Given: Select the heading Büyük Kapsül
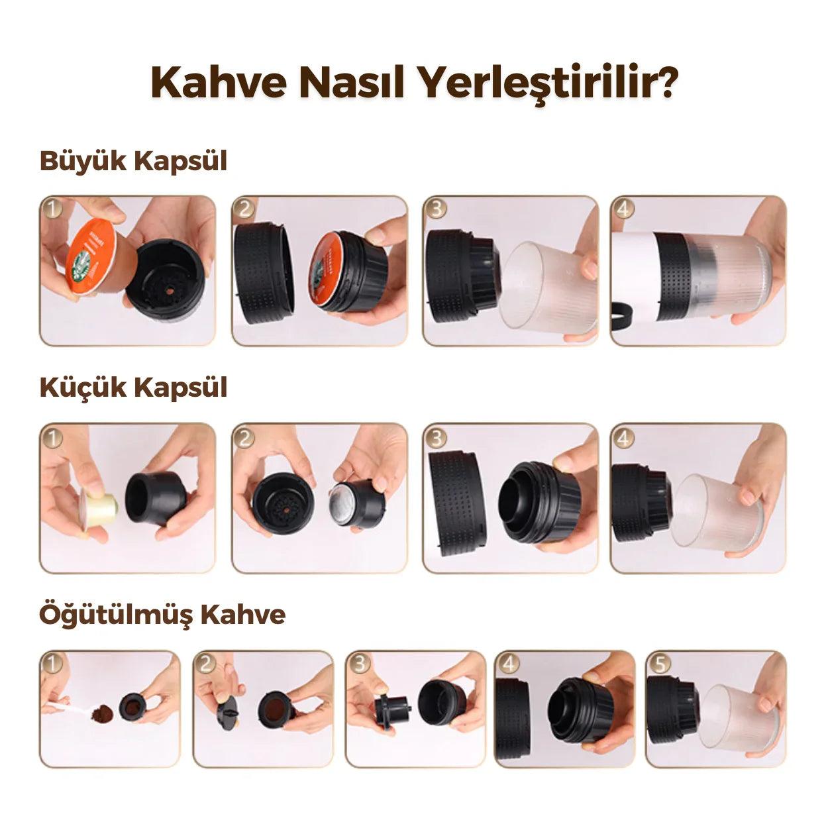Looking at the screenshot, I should [x=133, y=161].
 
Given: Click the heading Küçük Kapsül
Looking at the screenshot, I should [x=133, y=388].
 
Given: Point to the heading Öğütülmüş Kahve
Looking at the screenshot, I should [x=162, y=614].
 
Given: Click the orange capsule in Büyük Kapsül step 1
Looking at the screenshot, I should [x=96, y=255].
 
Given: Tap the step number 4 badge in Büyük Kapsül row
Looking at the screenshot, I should [x=624, y=208].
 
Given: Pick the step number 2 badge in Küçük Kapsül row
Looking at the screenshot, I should [x=244, y=437].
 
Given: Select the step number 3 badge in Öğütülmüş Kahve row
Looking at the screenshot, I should [x=359, y=662].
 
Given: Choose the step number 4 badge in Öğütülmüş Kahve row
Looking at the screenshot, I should [x=508, y=662].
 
